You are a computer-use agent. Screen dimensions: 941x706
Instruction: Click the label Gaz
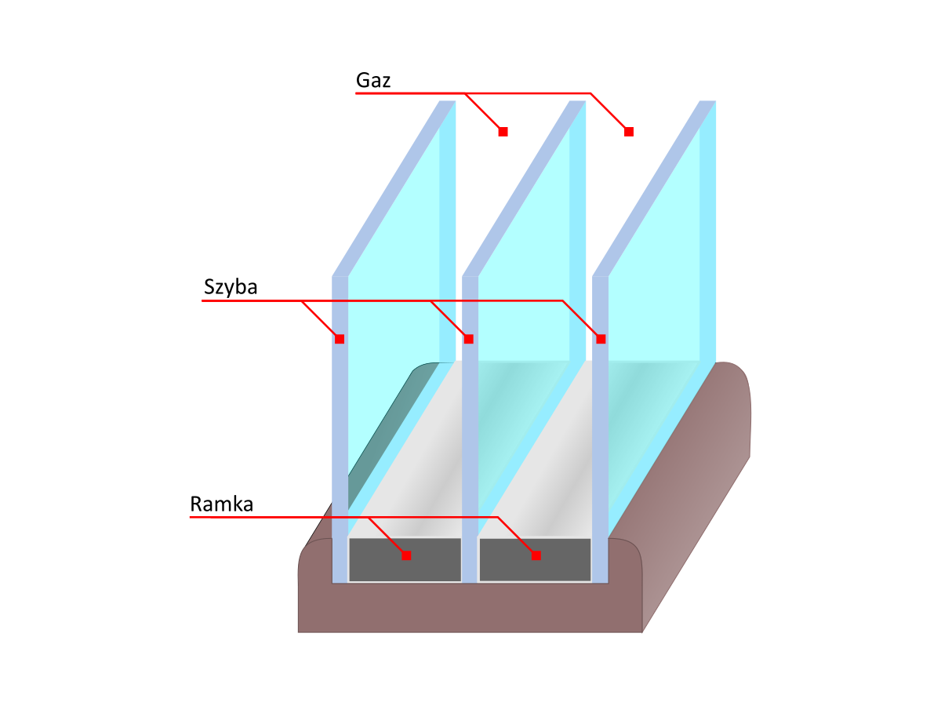(x=372, y=80)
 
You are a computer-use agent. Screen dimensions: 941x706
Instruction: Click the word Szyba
(x=231, y=287)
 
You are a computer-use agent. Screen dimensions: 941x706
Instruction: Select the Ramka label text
(x=221, y=504)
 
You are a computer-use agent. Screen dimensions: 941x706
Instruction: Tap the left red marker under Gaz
(x=503, y=132)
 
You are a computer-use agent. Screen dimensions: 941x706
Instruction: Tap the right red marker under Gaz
(x=628, y=132)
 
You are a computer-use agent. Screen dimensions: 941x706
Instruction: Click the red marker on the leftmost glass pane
(x=340, y=339)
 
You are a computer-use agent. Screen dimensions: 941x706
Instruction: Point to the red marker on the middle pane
(x=469, y=339)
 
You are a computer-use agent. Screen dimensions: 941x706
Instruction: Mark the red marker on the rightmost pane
(x=601, y=339)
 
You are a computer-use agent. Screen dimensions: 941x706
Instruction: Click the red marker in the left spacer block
(x=406, y=555)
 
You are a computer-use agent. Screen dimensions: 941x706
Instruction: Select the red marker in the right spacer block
(x=536, y=555)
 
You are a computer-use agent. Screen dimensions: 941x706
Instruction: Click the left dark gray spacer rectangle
(x=405, y=559)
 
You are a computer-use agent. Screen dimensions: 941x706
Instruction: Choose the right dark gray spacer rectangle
(x=535, y=559)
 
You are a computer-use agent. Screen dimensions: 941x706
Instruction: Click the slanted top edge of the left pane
(x=394, y=188)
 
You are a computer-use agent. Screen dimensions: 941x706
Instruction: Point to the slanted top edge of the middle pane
(x=524, y=188)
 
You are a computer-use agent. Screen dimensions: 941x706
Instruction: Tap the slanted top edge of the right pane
(x=654, y=188)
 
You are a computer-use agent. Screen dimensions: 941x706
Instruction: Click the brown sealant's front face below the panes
(x=470, y=608)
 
